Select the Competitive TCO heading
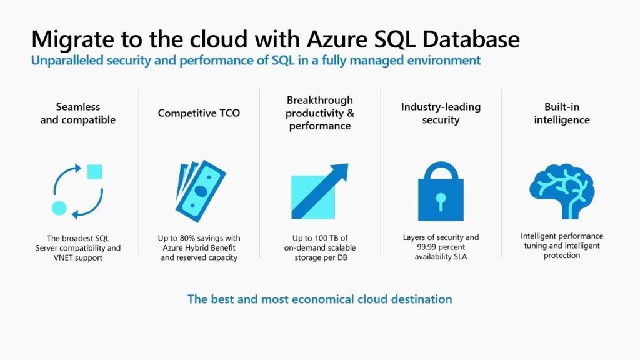[x=199, y=113]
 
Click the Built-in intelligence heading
[x=562, y=113]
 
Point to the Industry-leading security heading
[x=441, y=113]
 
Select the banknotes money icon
[x=199, y=187]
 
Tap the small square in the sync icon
[x=94, y=171]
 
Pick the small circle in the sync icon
[x=59, y=207]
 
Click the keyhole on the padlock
[x=441, y=201]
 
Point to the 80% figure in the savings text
[x=189, y=238]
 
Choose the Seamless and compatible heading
[x=77, y=113]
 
